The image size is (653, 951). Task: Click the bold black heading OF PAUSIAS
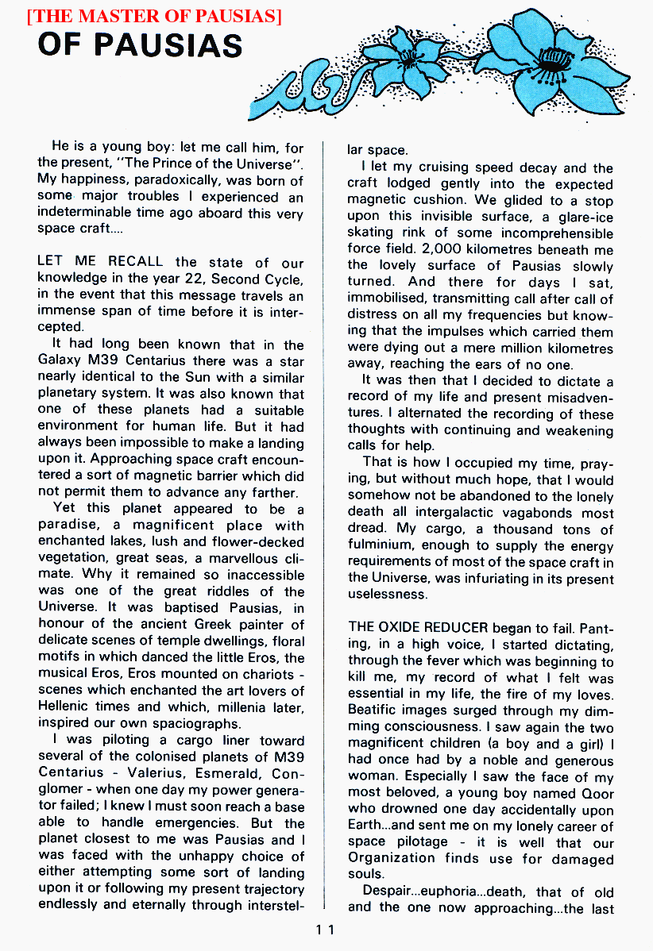pyautogui.click(x=140, y=46)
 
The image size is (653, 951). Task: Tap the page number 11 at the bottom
pyautogui.click(x=326, y=930)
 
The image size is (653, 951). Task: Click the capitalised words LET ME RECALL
pyautogui.click(x=100, y=262)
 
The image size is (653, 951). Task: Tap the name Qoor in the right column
pyautogui.click(x=597, y=793)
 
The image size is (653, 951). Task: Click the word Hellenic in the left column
pyautogui.click(x=66, y=707)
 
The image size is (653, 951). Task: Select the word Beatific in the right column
pyautogui.click(x=376, y=710)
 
